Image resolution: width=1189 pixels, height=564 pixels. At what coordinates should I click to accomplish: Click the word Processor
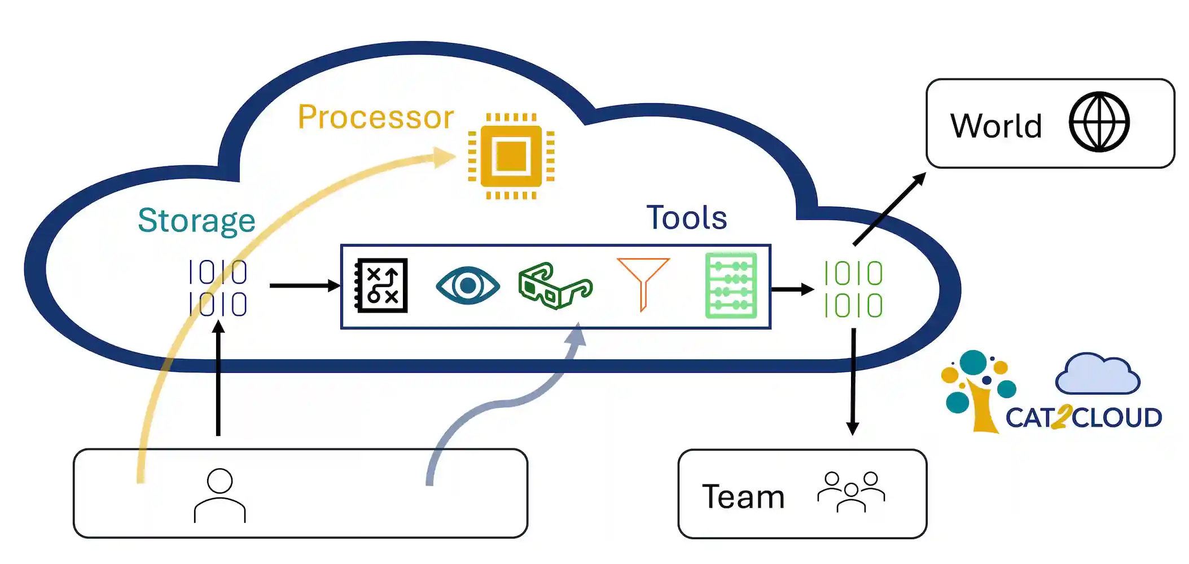click(x=376, y=117)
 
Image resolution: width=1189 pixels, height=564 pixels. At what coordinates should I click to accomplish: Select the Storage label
click(x=196, y=221)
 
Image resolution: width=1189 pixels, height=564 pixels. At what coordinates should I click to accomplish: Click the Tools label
click(x=686, y=218)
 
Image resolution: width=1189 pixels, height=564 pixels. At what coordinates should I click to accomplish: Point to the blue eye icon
click(x=468, y=286)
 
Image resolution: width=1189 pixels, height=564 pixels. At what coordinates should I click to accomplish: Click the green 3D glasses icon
click(x=554, y=286)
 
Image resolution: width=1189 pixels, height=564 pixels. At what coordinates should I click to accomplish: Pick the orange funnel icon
click(x=643, y=282)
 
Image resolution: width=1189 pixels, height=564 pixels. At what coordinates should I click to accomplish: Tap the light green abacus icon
click(x=731, y=286)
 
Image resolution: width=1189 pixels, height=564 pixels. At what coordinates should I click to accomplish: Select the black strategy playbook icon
click(x=381, y=286)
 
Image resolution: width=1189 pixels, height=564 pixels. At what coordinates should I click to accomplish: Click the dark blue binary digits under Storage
click(x=218, y=288)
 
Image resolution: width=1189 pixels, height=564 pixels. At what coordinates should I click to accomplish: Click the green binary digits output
click(x=853, y=289)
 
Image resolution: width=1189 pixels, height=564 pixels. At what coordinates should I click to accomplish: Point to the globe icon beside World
click(x=1099, y=122)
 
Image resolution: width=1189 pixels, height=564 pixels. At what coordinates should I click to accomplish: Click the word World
click(x=996, y=125)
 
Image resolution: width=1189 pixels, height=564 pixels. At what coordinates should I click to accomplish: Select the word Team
click(x=743, y=497)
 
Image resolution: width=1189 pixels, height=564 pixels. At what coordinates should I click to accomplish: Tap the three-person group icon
click(x=851, y=492)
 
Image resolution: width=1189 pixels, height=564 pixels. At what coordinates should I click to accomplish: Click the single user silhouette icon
click(x=220, y=495)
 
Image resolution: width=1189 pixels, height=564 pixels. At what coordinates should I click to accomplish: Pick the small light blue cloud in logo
click(x=1097, y=374)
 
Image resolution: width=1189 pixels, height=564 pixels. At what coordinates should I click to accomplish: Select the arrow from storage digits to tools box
click(x=305, y=286)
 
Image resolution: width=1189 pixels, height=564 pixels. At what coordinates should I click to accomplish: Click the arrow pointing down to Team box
click(x=853, y=384)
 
